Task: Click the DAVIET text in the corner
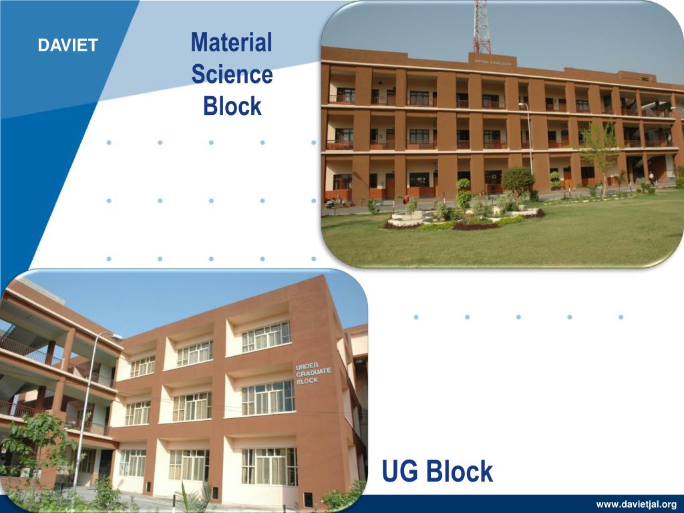point(67,45)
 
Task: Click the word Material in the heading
point(231,43)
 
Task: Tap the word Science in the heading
point(232,74)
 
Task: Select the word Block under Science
point(232,106)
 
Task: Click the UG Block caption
point(437,472)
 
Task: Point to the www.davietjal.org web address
point(636,504)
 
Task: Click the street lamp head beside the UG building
point(116,336)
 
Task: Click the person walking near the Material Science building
point(651,178)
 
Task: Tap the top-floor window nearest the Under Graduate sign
point(266,337)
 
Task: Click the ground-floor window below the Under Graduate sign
point(269,466)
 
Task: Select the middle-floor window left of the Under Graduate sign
point(267,398)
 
